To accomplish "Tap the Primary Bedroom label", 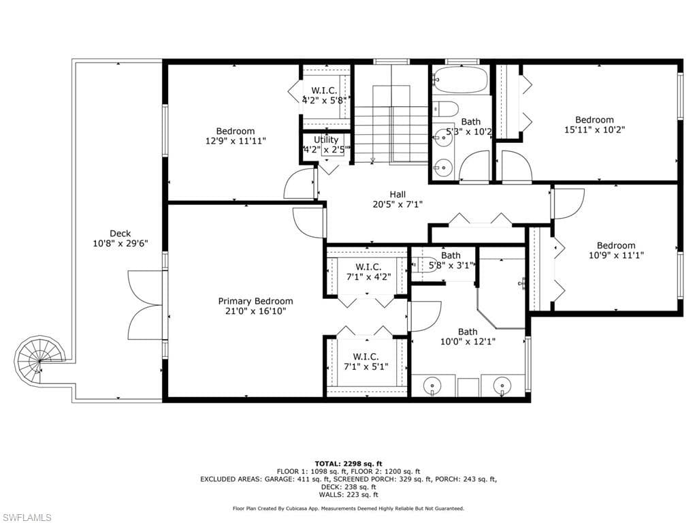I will [x=255, y=306].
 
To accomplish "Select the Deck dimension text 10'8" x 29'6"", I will [x=120, y=243].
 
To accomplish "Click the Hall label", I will [x=398, y=199].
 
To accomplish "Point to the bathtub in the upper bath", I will [x=460, y=80].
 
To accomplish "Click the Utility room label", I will [x=326, y=144].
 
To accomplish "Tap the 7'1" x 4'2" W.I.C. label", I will [x=368, y=272].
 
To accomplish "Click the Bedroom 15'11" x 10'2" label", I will [x=594, y=124].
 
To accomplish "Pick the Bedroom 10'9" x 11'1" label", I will [x=615, y=250].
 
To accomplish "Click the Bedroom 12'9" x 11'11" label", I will [x=236, y=136].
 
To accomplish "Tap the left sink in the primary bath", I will [x=433, y=386].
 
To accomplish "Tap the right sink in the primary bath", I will [x=502, y=386].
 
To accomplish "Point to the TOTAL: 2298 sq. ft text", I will [x=348, y=463].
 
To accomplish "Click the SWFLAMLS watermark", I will [x=27, y=518].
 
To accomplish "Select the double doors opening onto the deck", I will [x=145, y=304].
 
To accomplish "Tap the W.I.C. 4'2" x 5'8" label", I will [x=326, y=95].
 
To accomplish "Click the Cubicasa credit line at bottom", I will [x=348, y=508].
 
